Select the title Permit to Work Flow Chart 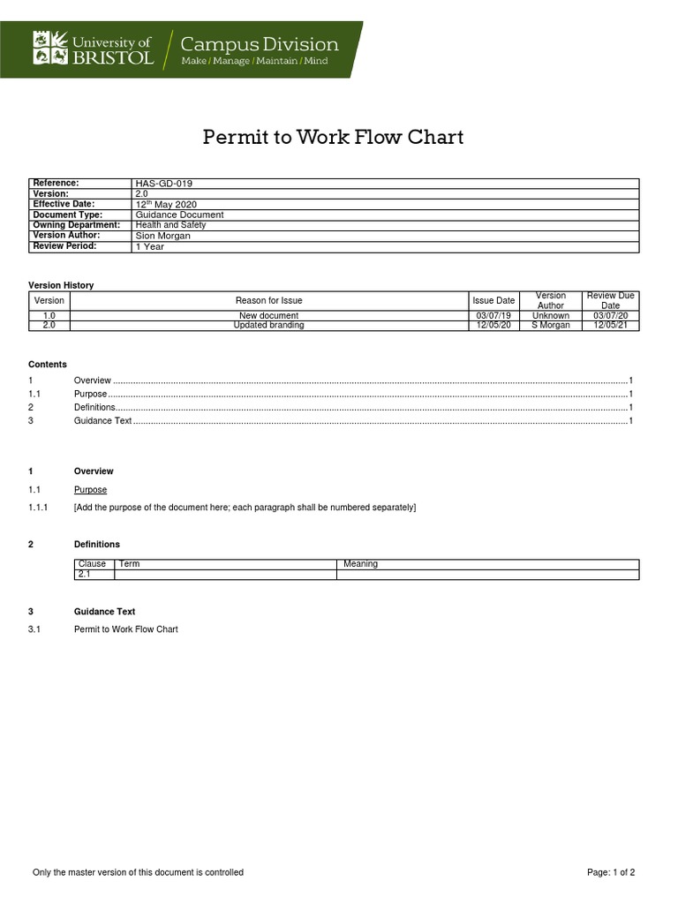click(333, 137)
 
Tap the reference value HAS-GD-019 click(163, 184)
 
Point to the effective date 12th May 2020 click(166, 205)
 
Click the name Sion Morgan click(162, 236)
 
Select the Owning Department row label click(76, 225)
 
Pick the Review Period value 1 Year click(149, 247)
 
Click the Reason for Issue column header click(268, 301)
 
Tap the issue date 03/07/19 click(493, 315)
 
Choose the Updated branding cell click(268, 325)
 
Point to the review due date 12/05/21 click(611, 325)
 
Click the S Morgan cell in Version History click(551, 325)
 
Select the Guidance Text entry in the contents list click(102, 421)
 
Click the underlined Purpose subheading click(90, 490)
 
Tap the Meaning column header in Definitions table click(360, 564)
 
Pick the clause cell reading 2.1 click(85, 574)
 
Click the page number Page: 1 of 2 click(611, 872)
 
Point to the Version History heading click(61, 285)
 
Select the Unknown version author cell click(551, 315)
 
